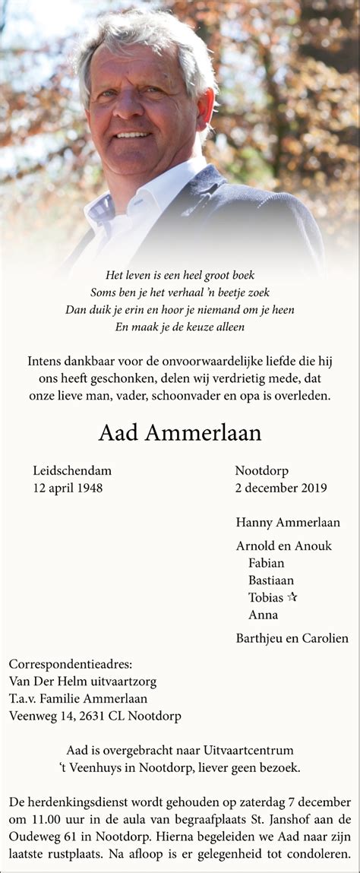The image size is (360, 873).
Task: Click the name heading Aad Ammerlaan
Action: coord(180,433)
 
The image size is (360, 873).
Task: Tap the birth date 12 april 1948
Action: coord(68,488)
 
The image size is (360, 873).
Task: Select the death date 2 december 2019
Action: coord(281,488)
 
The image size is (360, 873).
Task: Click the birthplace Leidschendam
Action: coord(72,471)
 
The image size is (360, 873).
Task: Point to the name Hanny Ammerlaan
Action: coord(288,522)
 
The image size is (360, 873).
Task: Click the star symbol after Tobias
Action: coord(292,597)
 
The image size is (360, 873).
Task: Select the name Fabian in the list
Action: coord(267,563)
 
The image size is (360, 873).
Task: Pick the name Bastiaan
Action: coord(271,580)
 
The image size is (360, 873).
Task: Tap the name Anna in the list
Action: coord(263,615)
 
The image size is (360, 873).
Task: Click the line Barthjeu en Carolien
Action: coord(292,638)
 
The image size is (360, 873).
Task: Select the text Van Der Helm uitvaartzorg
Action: coord(83,682)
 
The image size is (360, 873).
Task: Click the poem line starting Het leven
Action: coord(180,275)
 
